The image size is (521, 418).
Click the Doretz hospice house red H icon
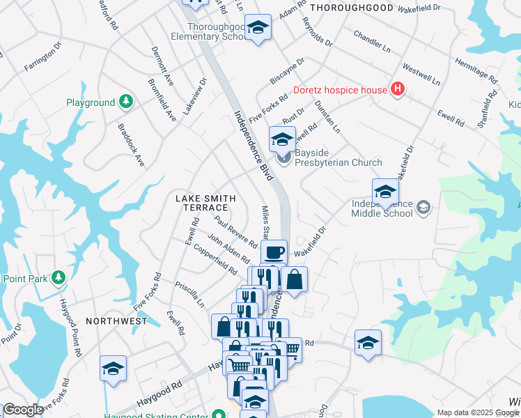pos(397,89)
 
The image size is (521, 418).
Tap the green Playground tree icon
pos(125,102)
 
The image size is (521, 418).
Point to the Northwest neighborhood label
pos(116,321)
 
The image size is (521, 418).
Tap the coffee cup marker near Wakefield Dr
pos(274,251)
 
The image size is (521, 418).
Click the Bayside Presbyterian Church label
pos(338,157)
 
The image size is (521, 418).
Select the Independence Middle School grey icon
pos(423,207)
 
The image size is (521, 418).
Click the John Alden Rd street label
pos(224,249)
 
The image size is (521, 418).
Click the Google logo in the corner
pos(22,410)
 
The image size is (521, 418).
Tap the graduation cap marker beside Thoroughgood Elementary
pos(258,28)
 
